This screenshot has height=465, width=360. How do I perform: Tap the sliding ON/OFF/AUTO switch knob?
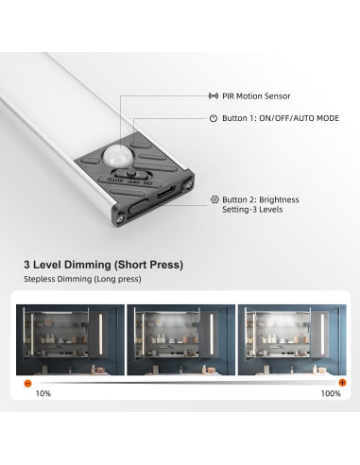click(129, 172)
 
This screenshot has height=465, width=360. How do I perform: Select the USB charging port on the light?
click(167, 192)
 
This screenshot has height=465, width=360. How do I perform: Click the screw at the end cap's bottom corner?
click(120, 218)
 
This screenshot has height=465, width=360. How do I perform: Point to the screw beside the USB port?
click(188, 185)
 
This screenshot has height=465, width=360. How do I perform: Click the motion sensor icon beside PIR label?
click(214, 95)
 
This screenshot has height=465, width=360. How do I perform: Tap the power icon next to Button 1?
click(214, 118)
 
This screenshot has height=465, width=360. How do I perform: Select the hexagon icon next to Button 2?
click(214, 199)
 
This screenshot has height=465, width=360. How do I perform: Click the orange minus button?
click(27, 383)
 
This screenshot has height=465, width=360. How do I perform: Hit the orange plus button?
click(342, 383)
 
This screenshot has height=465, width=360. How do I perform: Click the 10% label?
click(43, 393)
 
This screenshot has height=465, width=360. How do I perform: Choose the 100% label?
click(331, 393)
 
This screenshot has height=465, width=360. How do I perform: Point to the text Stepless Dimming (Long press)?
click(82, 279)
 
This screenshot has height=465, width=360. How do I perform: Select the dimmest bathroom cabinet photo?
click(70, 339)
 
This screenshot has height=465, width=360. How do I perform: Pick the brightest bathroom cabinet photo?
click(292, 339)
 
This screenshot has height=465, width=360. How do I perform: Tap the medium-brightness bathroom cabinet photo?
click(181, 339)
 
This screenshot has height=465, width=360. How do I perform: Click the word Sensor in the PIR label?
click(278, 96)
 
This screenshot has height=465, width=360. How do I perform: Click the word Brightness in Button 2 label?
click(279, 199)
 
